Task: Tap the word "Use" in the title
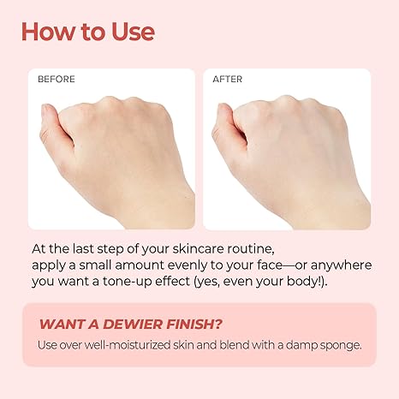133,32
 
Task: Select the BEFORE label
57,79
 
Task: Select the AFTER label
228,79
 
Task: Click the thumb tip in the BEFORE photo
46,109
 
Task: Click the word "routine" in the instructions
250,249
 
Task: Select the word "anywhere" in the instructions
341,265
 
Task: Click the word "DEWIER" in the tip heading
133,325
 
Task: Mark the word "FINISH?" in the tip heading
194,325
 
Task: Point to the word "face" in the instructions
270,265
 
